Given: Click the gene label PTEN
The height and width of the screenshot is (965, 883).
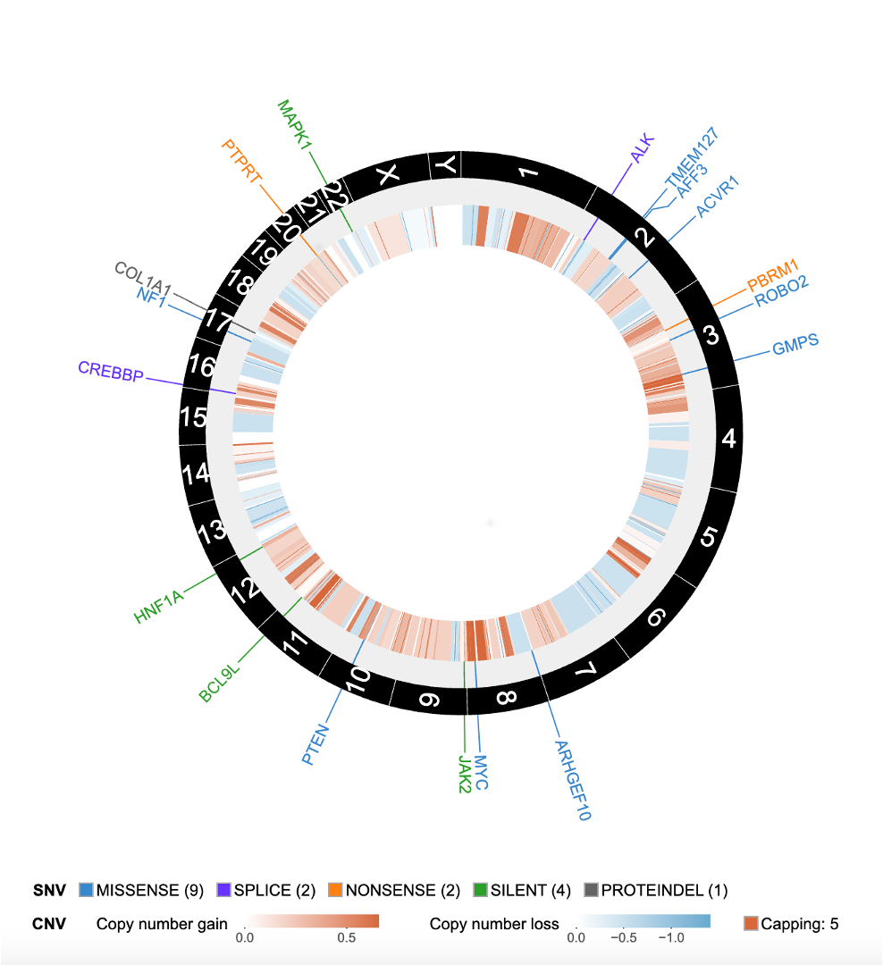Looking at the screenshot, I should (x=316, y=746).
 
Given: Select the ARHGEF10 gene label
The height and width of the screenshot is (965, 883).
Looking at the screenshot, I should (x=572, y=780).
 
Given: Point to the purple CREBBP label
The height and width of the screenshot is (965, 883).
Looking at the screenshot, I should (x=111, y=372).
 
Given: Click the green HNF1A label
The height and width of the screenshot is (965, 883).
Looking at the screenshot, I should (x=159, y=606).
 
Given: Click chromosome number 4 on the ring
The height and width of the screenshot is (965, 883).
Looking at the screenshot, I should (x=729, y=439).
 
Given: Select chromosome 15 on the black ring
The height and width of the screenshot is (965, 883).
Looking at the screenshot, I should (x=194, y=416).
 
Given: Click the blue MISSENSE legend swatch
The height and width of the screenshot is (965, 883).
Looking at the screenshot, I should (x=87, y=890).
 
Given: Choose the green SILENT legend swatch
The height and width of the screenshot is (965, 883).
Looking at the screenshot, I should (x=481, y=890).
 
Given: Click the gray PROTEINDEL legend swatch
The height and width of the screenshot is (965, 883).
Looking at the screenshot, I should (x=591, y=890).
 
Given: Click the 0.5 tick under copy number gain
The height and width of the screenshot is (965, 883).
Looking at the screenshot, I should (x=347, y=938).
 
